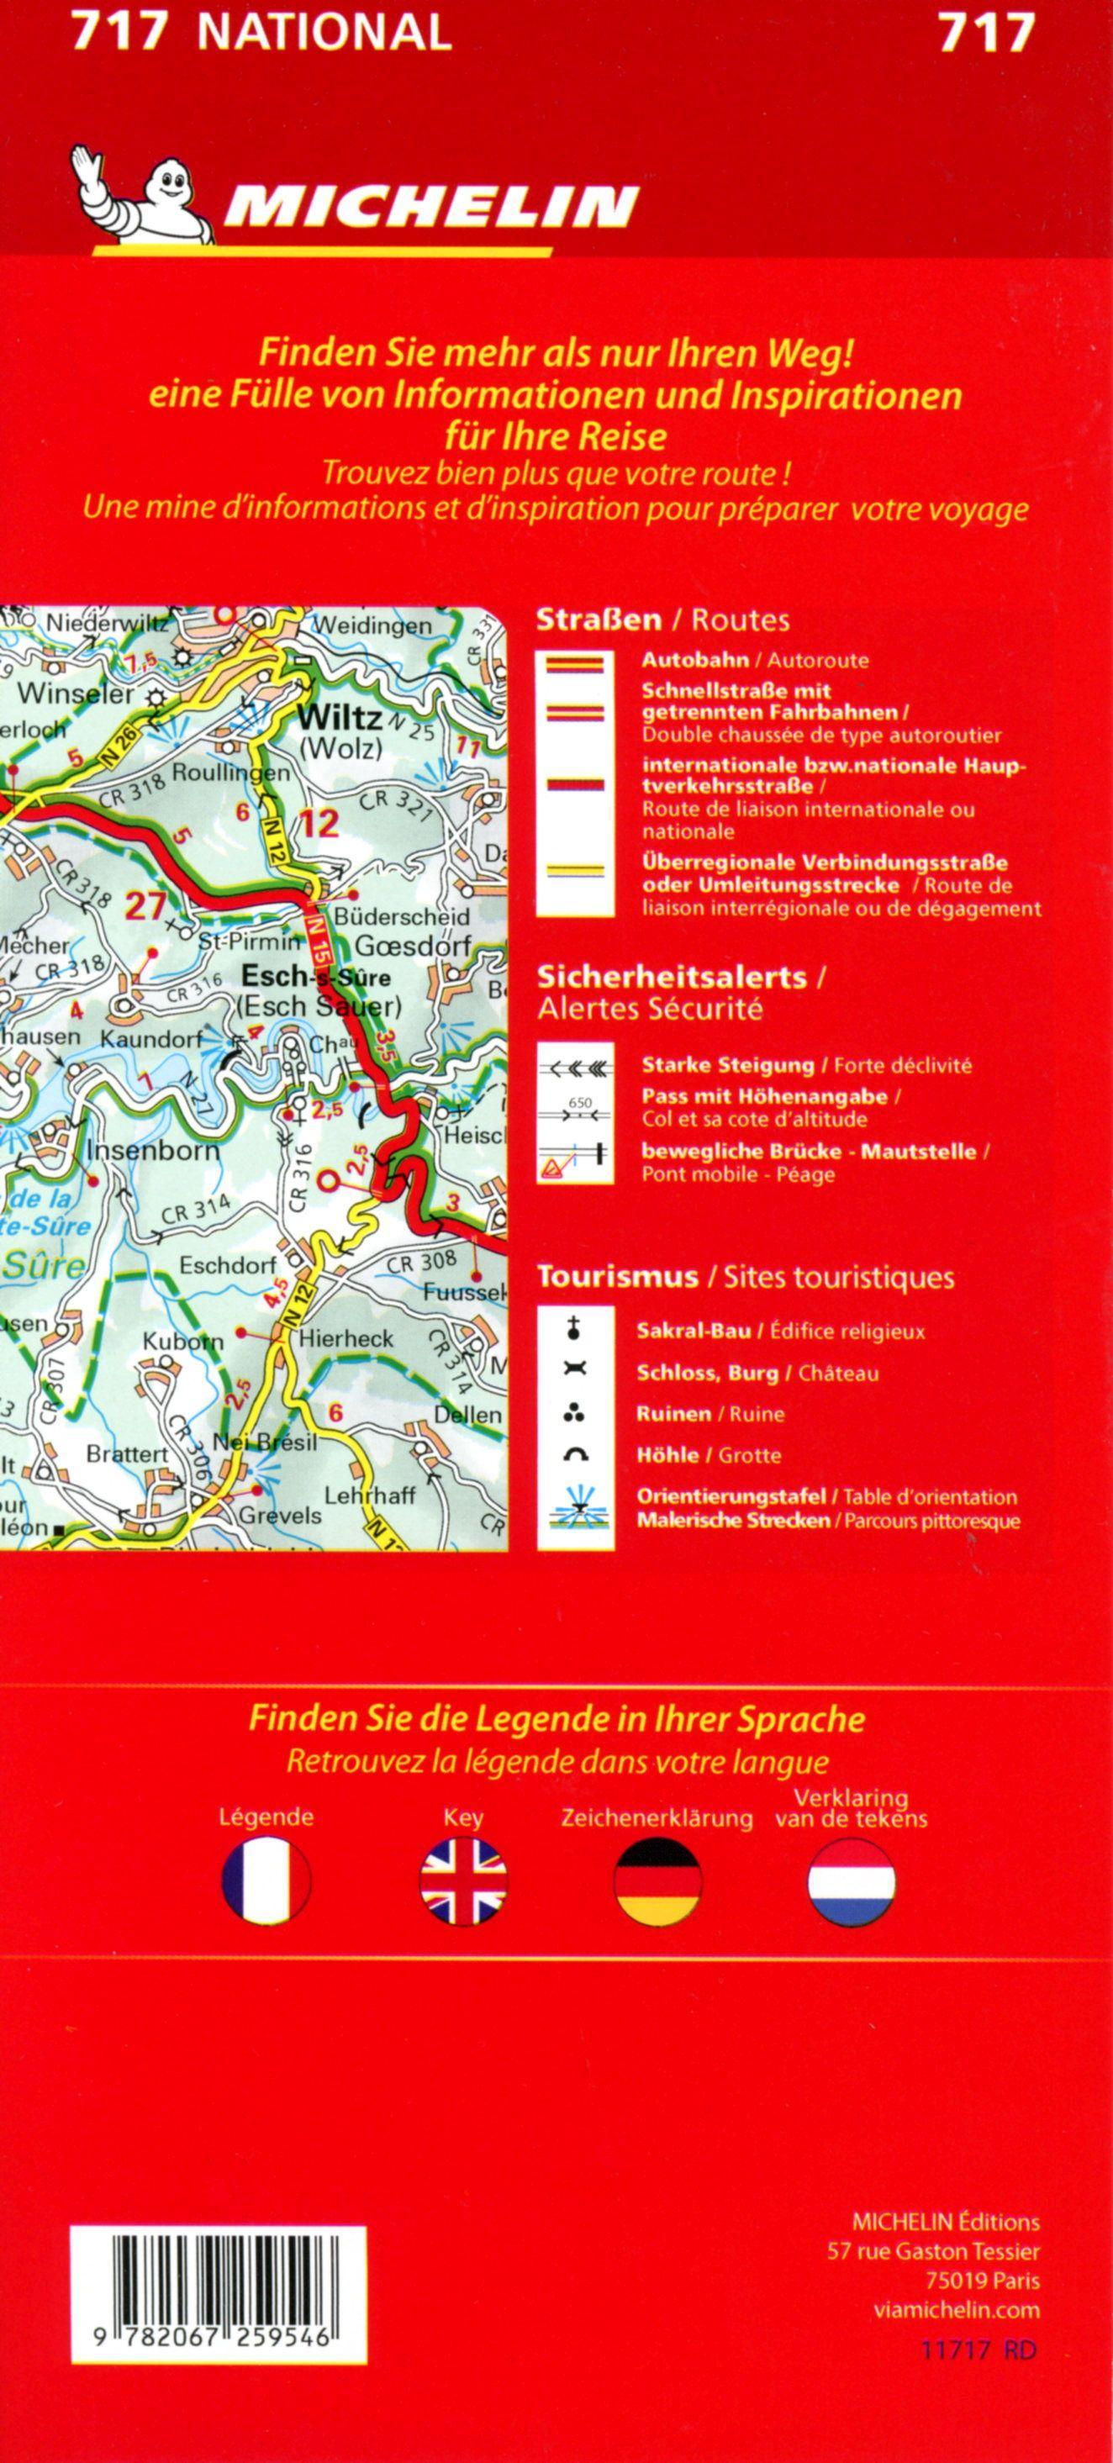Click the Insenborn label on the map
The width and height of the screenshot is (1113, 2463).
pos(153,1149)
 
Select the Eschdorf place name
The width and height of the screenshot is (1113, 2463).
pos(228,1266)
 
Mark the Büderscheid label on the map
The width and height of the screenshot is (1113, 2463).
pos(402,917)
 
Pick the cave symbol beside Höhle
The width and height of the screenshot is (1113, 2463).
pos(575,1455)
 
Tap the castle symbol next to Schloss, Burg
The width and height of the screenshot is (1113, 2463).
pos(575,1371)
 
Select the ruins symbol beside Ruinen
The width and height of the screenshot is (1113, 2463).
pos(575,1413)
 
